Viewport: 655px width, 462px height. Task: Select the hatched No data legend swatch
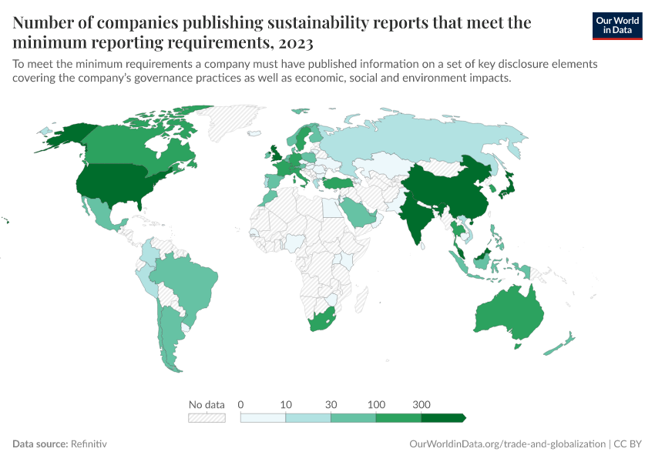[207, 417]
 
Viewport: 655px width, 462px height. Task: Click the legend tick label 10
[286, 404]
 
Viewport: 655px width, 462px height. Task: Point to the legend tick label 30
[331, 404]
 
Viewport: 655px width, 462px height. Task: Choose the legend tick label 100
[376, 404]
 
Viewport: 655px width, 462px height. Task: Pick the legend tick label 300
[422, 404]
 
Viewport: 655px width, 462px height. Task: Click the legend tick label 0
[241, 404]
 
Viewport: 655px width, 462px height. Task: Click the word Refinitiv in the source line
[88, 444]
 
